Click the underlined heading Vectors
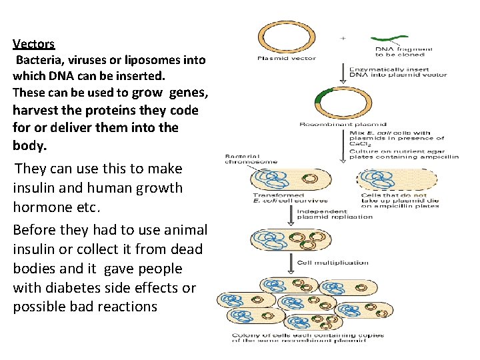pos(33,44)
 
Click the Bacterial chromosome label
pos(251,159)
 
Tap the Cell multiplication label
pos(333,263)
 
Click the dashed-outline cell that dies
pos(396,179)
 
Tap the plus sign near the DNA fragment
pos(343,39)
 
